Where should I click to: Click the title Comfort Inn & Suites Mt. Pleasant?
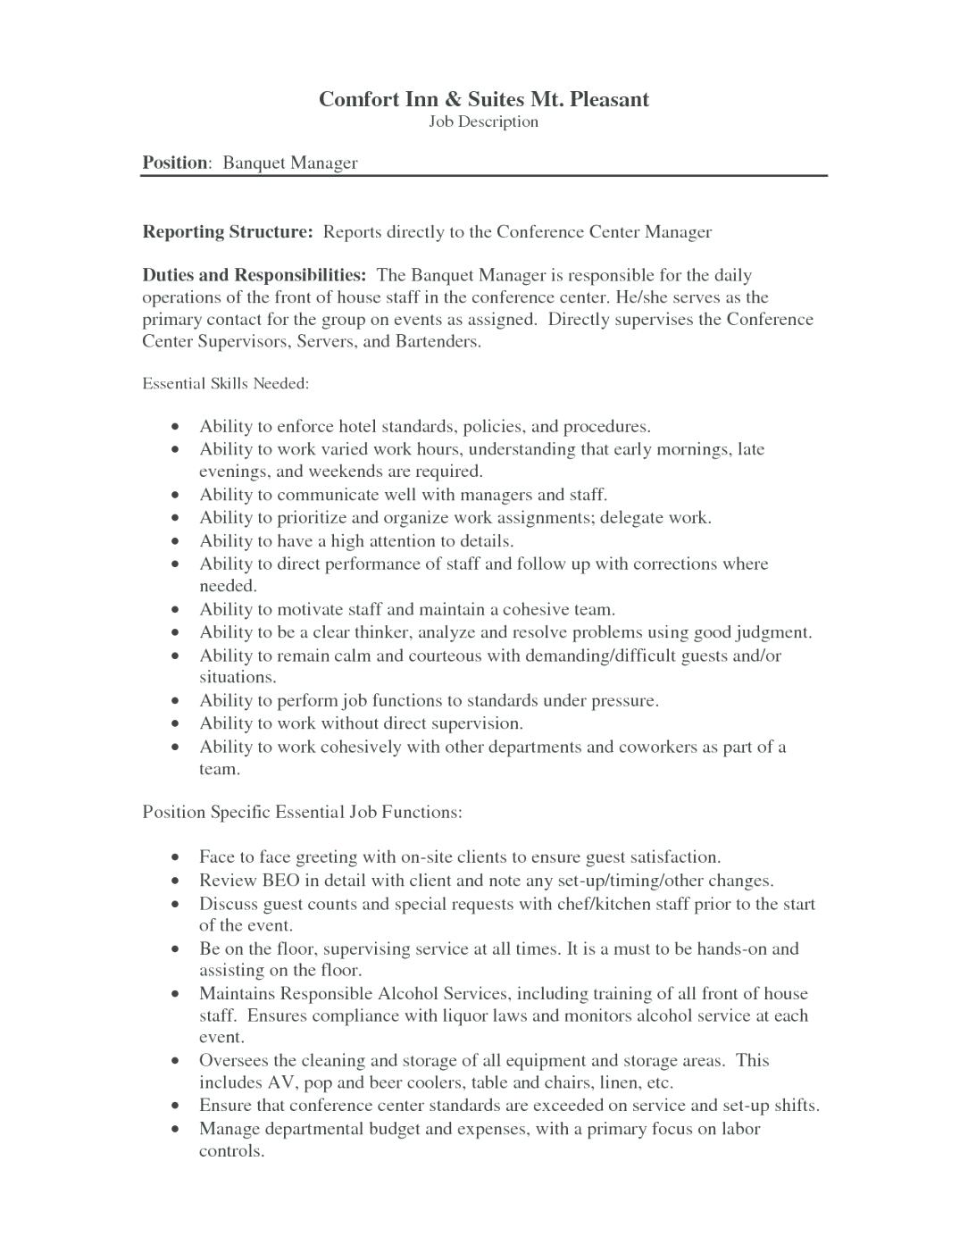[x=483, y=99]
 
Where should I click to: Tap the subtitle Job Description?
[x=483, y=121]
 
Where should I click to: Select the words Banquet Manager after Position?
[x=289, y=163]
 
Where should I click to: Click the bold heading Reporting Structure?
[x=228, y=232]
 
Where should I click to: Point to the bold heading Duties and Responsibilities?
[x=255, y=275]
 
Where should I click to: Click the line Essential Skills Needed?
[x=226, y=384]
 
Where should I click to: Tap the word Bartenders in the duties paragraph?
[x=437, y=342]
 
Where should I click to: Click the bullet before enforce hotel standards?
[x=179, y=427]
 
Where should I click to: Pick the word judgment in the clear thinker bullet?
[x=773, y=633]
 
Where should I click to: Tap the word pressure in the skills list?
[x=624, y=701]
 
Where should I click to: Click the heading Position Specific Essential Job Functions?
[x=302, y=813]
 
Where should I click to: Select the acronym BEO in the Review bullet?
[x=280, y=881]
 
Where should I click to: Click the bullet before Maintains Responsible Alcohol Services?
[x=179, y=994]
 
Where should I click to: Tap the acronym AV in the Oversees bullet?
[x=281, y=1083]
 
